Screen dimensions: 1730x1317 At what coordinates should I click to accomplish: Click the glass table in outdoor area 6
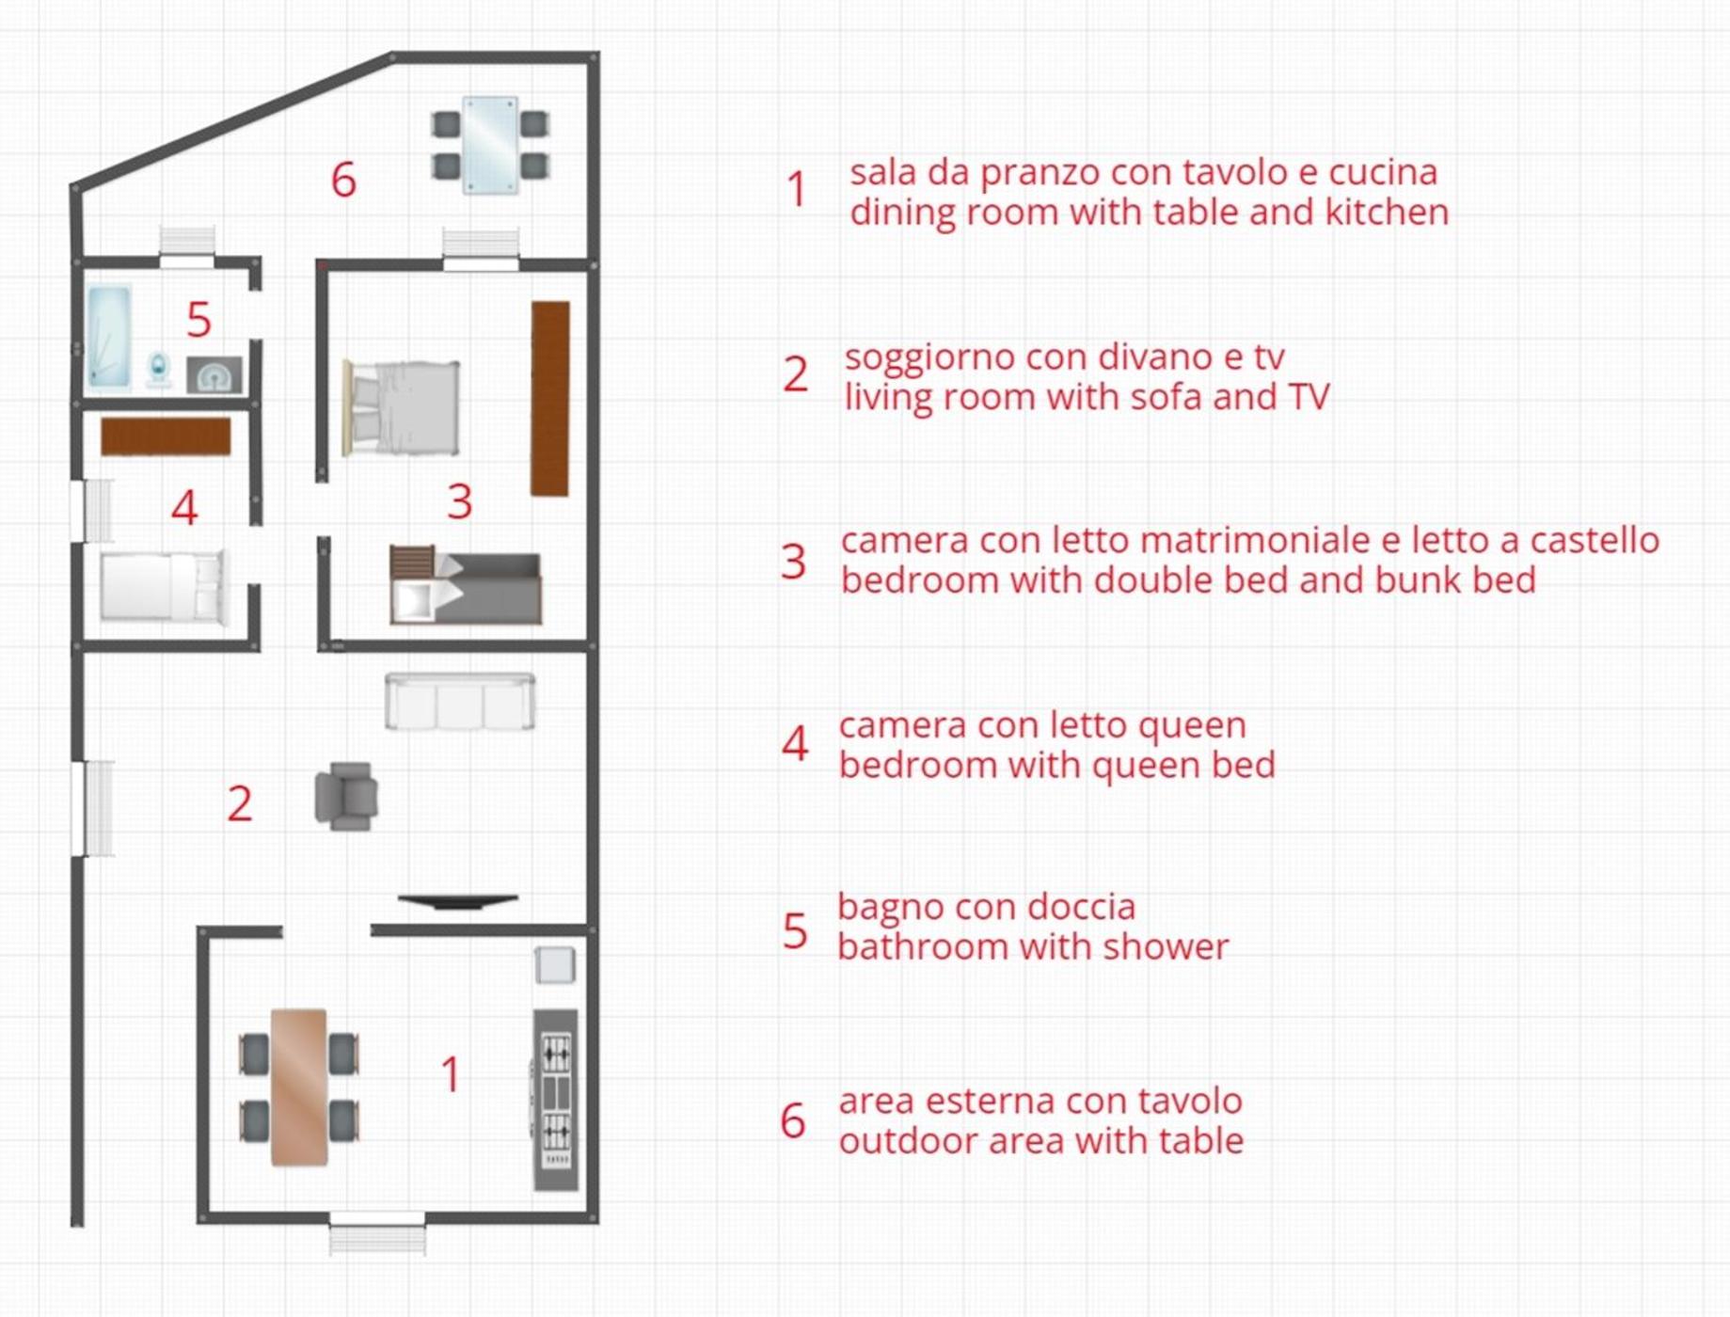(x=489, y=145)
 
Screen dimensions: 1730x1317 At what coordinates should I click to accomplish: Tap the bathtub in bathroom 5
(x=109, y=337)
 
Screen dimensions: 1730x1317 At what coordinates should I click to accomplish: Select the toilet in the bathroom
(x=159, y=369)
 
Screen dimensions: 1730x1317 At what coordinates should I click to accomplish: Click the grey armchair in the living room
(x=346, y=797)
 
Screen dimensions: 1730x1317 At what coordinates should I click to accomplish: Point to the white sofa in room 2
(x=460, y=701)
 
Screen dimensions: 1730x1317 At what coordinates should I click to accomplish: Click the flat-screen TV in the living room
(x=458, y=901)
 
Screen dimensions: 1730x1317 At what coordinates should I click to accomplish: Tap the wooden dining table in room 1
(x=299, y=1087)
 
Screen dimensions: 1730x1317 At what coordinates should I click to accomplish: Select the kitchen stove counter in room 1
(x=555, y=1100)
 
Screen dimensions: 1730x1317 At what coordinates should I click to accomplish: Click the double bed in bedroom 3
(x=402, y=408)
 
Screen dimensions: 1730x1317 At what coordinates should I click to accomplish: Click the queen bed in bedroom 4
(x=165, y=586)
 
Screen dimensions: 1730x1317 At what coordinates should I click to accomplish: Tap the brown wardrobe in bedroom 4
(x=166, y=436)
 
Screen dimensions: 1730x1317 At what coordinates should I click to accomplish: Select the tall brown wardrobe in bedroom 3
(x=550, y=398)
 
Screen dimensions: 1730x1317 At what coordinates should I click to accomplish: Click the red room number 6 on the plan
(x=344, y=180)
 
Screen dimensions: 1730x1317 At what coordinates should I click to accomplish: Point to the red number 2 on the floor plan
(x=240, y=803)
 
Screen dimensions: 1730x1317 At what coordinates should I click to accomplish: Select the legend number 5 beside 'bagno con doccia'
(x=795, y=931)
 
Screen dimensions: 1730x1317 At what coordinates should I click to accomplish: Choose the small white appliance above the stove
(x=555, y=965)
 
